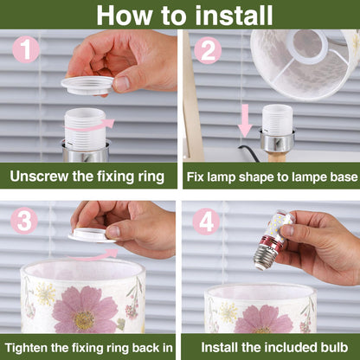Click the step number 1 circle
coord(26,51)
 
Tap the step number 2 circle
coord(208,51)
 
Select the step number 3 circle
coord(26,223)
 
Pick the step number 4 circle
coord(208,223)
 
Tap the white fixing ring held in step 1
coord(87,84)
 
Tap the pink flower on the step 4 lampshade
coord(265,319)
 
